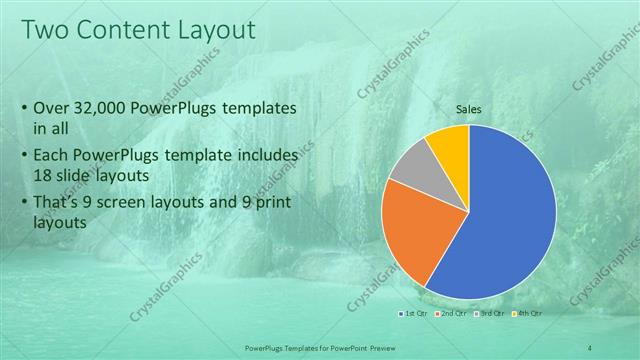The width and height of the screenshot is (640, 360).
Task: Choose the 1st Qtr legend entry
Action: [412, 315]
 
